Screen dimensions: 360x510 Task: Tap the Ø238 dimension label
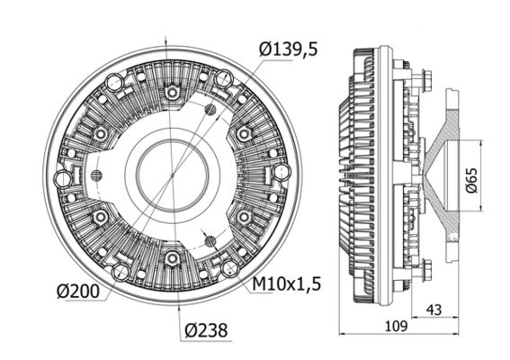pyautogui.click(x=201, y=329)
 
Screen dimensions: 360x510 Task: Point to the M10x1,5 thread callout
pyautogui.click(x=287, y=284)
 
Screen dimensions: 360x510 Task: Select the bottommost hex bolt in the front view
pyautogui.click(x=171, y=258)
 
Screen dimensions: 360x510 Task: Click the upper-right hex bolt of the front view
pyautogui.click(x=243, y=133)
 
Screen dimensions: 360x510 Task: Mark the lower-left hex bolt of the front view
pyautogui.click(x=100, y=217)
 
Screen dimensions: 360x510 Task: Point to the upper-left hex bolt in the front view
pyautogui.click(x=100, y=133)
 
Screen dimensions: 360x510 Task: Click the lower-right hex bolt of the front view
pyautogui.click(x=243, y=217)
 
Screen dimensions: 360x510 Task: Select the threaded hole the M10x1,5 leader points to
pyautogui.click(x=210, y=240)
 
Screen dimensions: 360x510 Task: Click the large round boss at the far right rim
pyautogui.click(x=281, y=170)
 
